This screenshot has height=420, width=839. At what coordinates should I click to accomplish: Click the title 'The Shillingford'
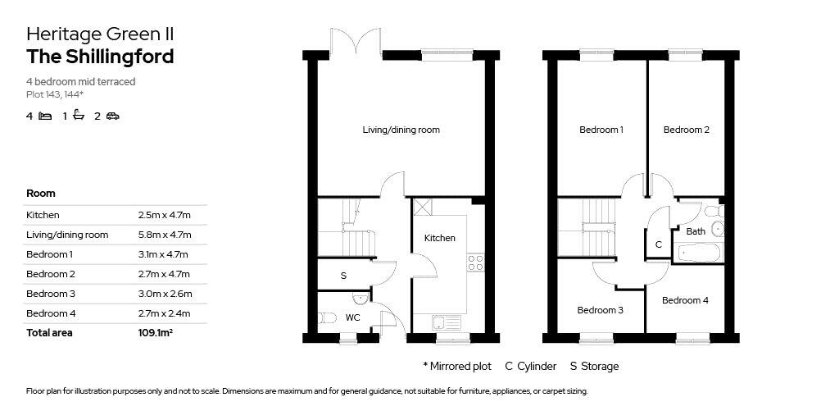[x=100, y=57]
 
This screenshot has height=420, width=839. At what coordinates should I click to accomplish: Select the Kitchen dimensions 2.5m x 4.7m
[x=164, y=215]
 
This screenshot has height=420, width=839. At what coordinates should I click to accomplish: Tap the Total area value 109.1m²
[x=156, y=333]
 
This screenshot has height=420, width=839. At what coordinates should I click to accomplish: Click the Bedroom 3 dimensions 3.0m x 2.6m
[x=165, y=294]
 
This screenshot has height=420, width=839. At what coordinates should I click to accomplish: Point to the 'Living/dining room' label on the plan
[x=401, y=130]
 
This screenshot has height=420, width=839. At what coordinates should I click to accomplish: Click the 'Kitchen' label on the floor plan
[x=439, y=238]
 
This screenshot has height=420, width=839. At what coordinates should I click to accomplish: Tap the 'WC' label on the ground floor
[x=353, y=317]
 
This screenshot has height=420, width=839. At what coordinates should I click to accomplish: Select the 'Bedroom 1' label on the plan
[x=601, y=130]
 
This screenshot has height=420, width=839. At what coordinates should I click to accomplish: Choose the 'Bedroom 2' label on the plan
[x=687, y=130]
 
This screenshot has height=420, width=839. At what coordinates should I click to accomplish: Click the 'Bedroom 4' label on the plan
[x=686, y=300]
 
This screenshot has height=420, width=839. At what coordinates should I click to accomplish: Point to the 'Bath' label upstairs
[x=696, y=231]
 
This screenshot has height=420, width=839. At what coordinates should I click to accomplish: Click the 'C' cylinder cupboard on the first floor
[x=659, y=244]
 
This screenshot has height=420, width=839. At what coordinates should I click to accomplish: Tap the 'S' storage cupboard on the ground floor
[x=343, y=276]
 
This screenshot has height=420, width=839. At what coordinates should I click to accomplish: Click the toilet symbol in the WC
[x=327, y=318]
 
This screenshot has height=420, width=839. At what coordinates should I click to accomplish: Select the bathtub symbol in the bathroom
[x=699, y=253]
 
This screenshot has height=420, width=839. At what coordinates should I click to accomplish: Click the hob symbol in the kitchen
[x=475, y=262]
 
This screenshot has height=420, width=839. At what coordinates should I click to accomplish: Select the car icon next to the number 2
[x=112, y=116]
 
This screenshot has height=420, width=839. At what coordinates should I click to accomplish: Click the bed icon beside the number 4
[x=45, y=116]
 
